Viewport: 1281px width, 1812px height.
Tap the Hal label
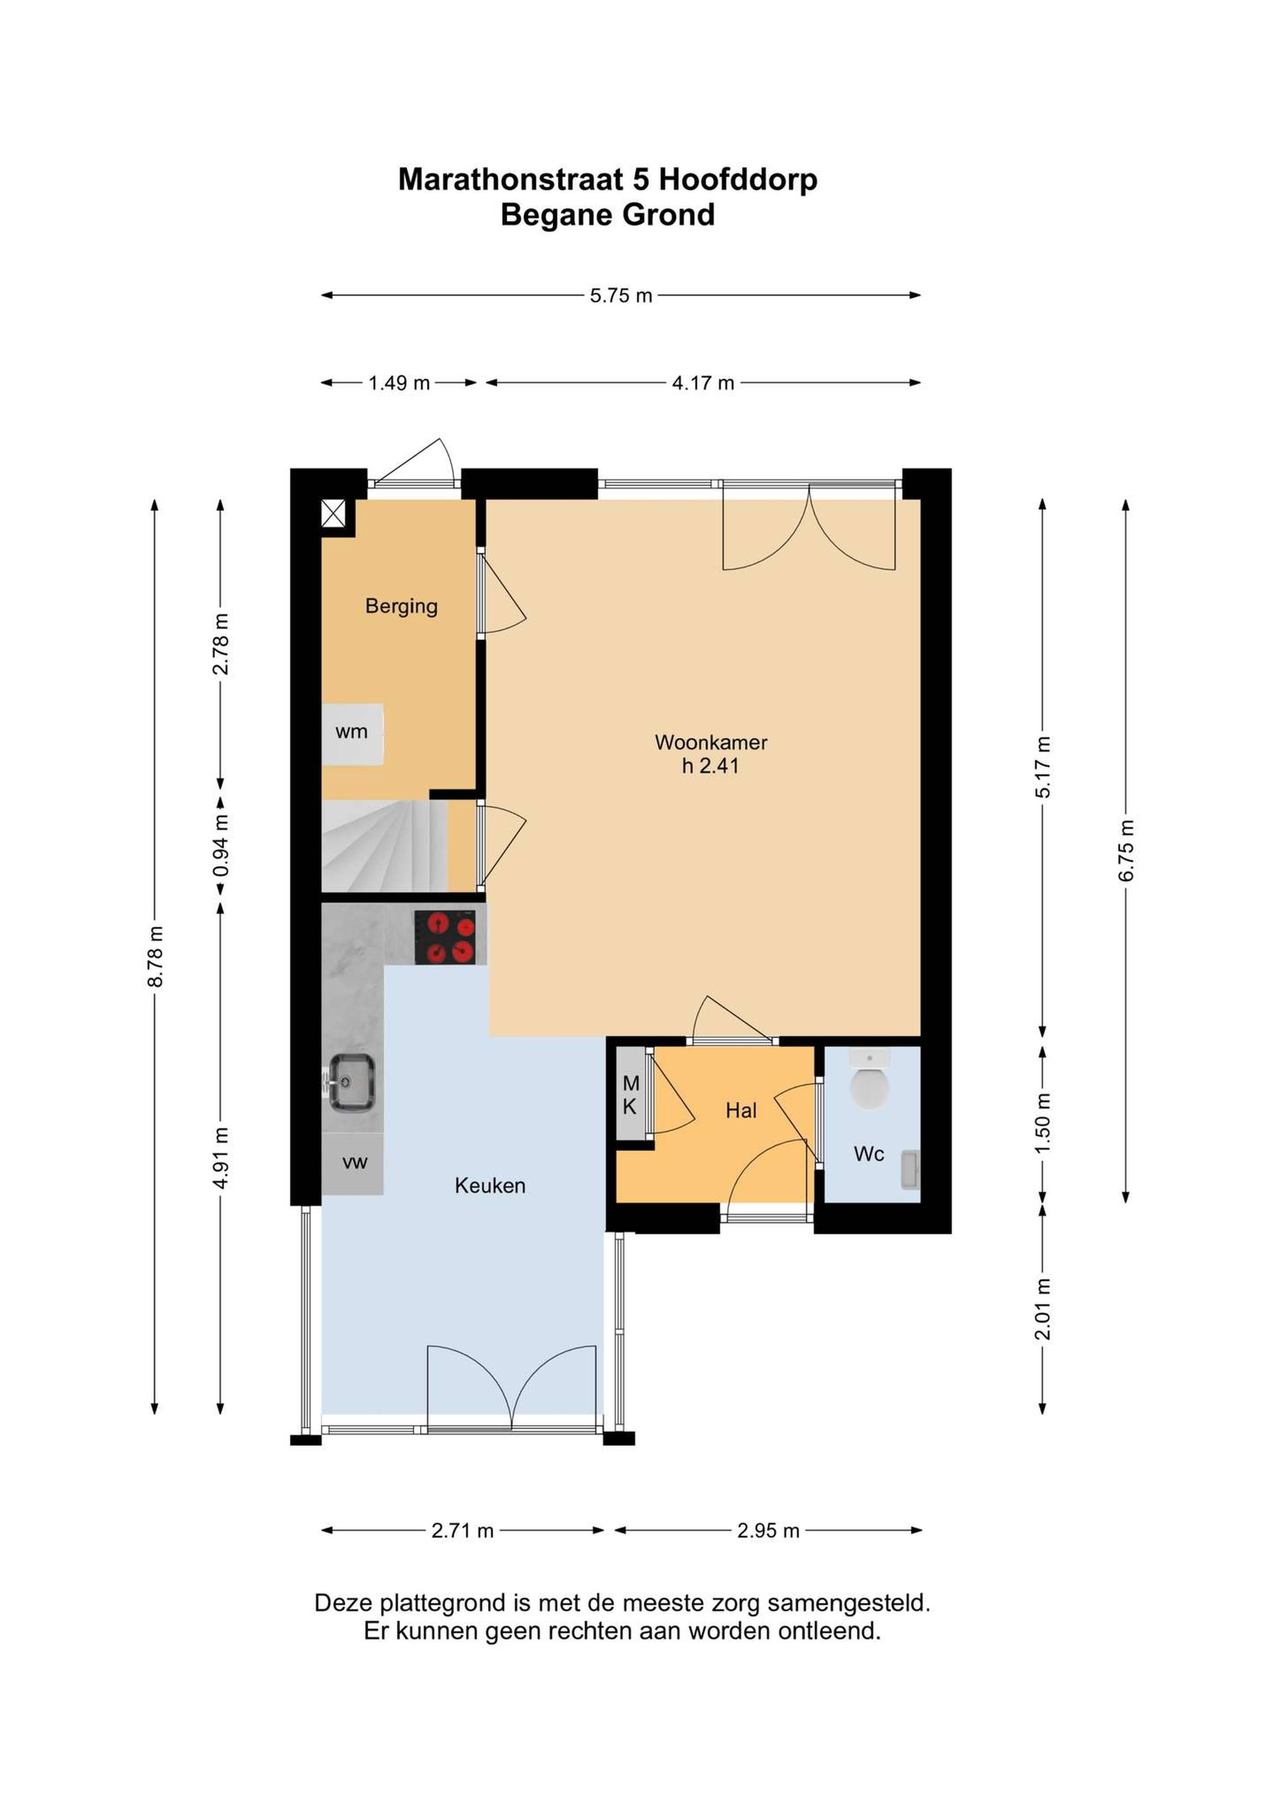pyautogui.click(x=741, y=1111)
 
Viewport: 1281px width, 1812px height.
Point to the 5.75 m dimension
pyautogui.click(x=621, y=295)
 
